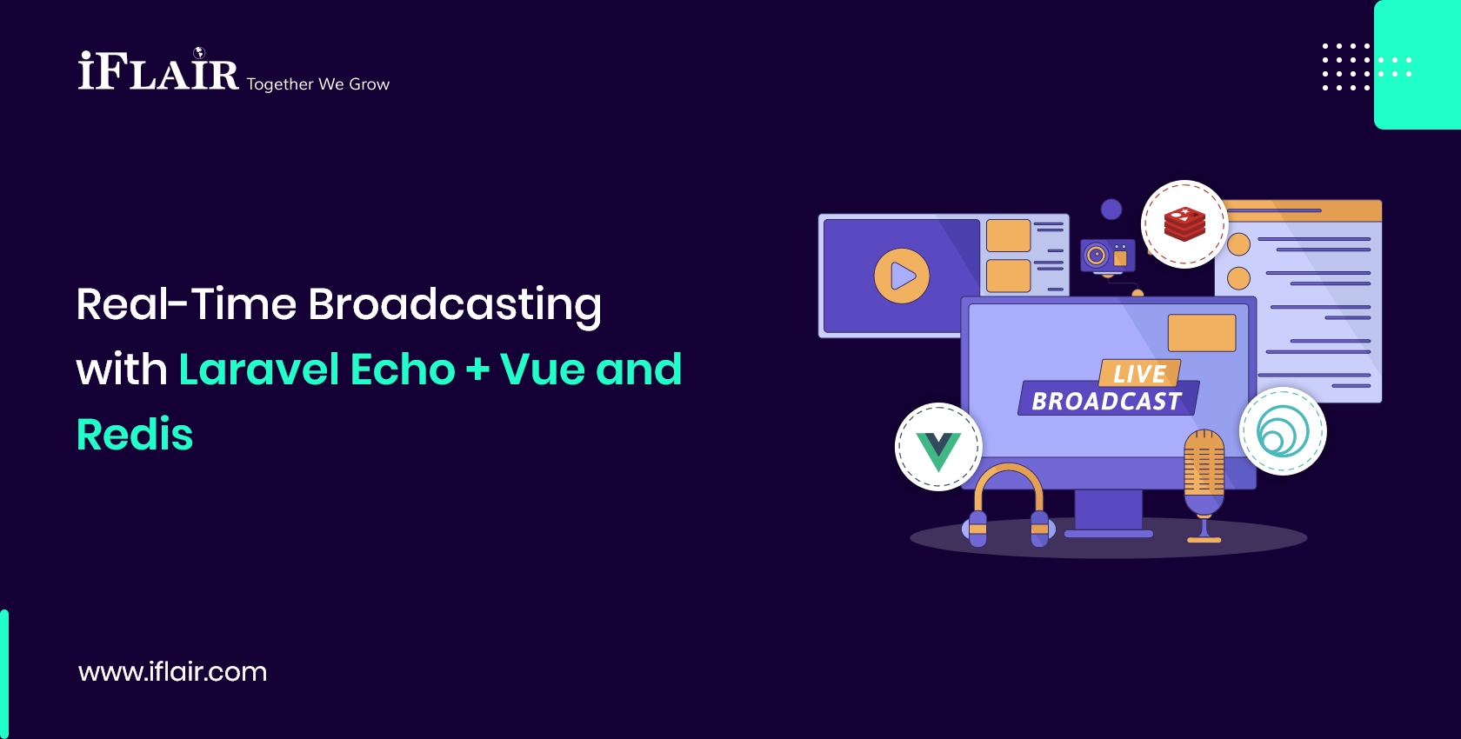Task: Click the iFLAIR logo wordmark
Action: click(x=158, y=72)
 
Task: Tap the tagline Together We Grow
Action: click(x=317, y=84)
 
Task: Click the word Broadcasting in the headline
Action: click(x=454, y=305)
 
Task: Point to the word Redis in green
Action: click(x=135, y=435)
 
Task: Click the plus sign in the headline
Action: click(x=477, y=369)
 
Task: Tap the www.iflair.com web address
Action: click(x=172, y=671)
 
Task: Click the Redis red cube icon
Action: click(x=1184, y=224)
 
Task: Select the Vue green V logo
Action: click(x=938, y=449)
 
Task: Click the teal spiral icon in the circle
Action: click(x=1283, y=432)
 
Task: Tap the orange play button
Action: click(x=902, y=276)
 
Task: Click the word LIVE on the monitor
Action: click(x=1139, y=374)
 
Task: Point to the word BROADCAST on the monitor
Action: click(x=1107, y=401)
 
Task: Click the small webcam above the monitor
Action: click(x=1107, y=256)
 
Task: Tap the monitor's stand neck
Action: click(x=1108, y=509)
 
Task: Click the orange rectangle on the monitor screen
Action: click(x=1201, y=333)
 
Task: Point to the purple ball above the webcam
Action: click(x=1111, y=209)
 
